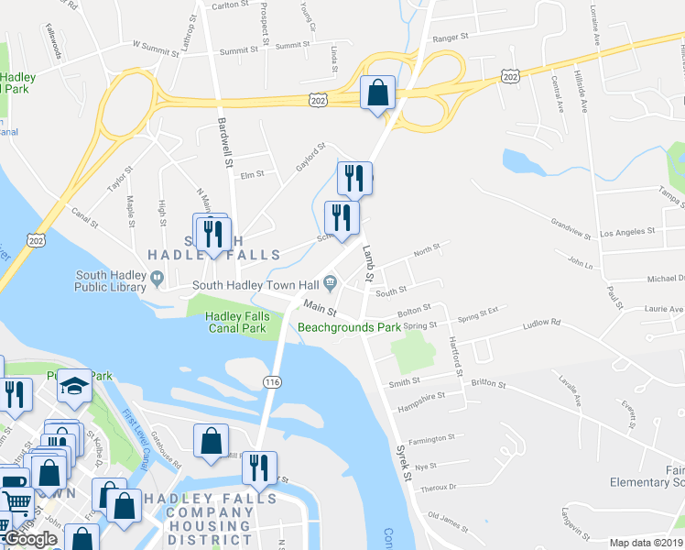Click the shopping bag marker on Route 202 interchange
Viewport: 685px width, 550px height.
coord(377,93)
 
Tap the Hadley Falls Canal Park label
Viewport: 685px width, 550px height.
coord(225,322)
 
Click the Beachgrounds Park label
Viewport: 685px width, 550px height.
coord(349,326)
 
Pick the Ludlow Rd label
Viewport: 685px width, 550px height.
coord(541,323)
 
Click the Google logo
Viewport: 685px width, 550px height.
coord(31,539)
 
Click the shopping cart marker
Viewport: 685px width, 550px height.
coord(16,502)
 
